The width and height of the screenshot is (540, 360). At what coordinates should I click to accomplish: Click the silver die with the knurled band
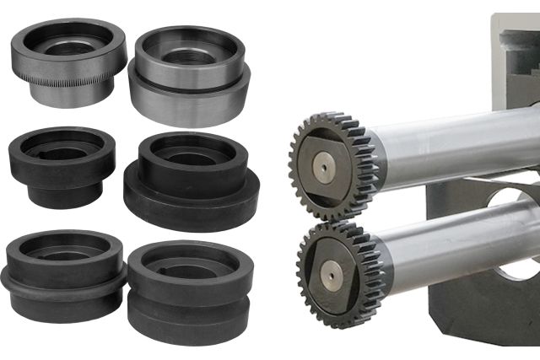click(67, 63)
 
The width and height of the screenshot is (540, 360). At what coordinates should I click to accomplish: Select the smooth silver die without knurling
click(189, 76)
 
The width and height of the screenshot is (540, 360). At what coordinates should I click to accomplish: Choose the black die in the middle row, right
click(191, 181)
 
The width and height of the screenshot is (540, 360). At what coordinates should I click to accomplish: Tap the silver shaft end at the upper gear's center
click(325, 168)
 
